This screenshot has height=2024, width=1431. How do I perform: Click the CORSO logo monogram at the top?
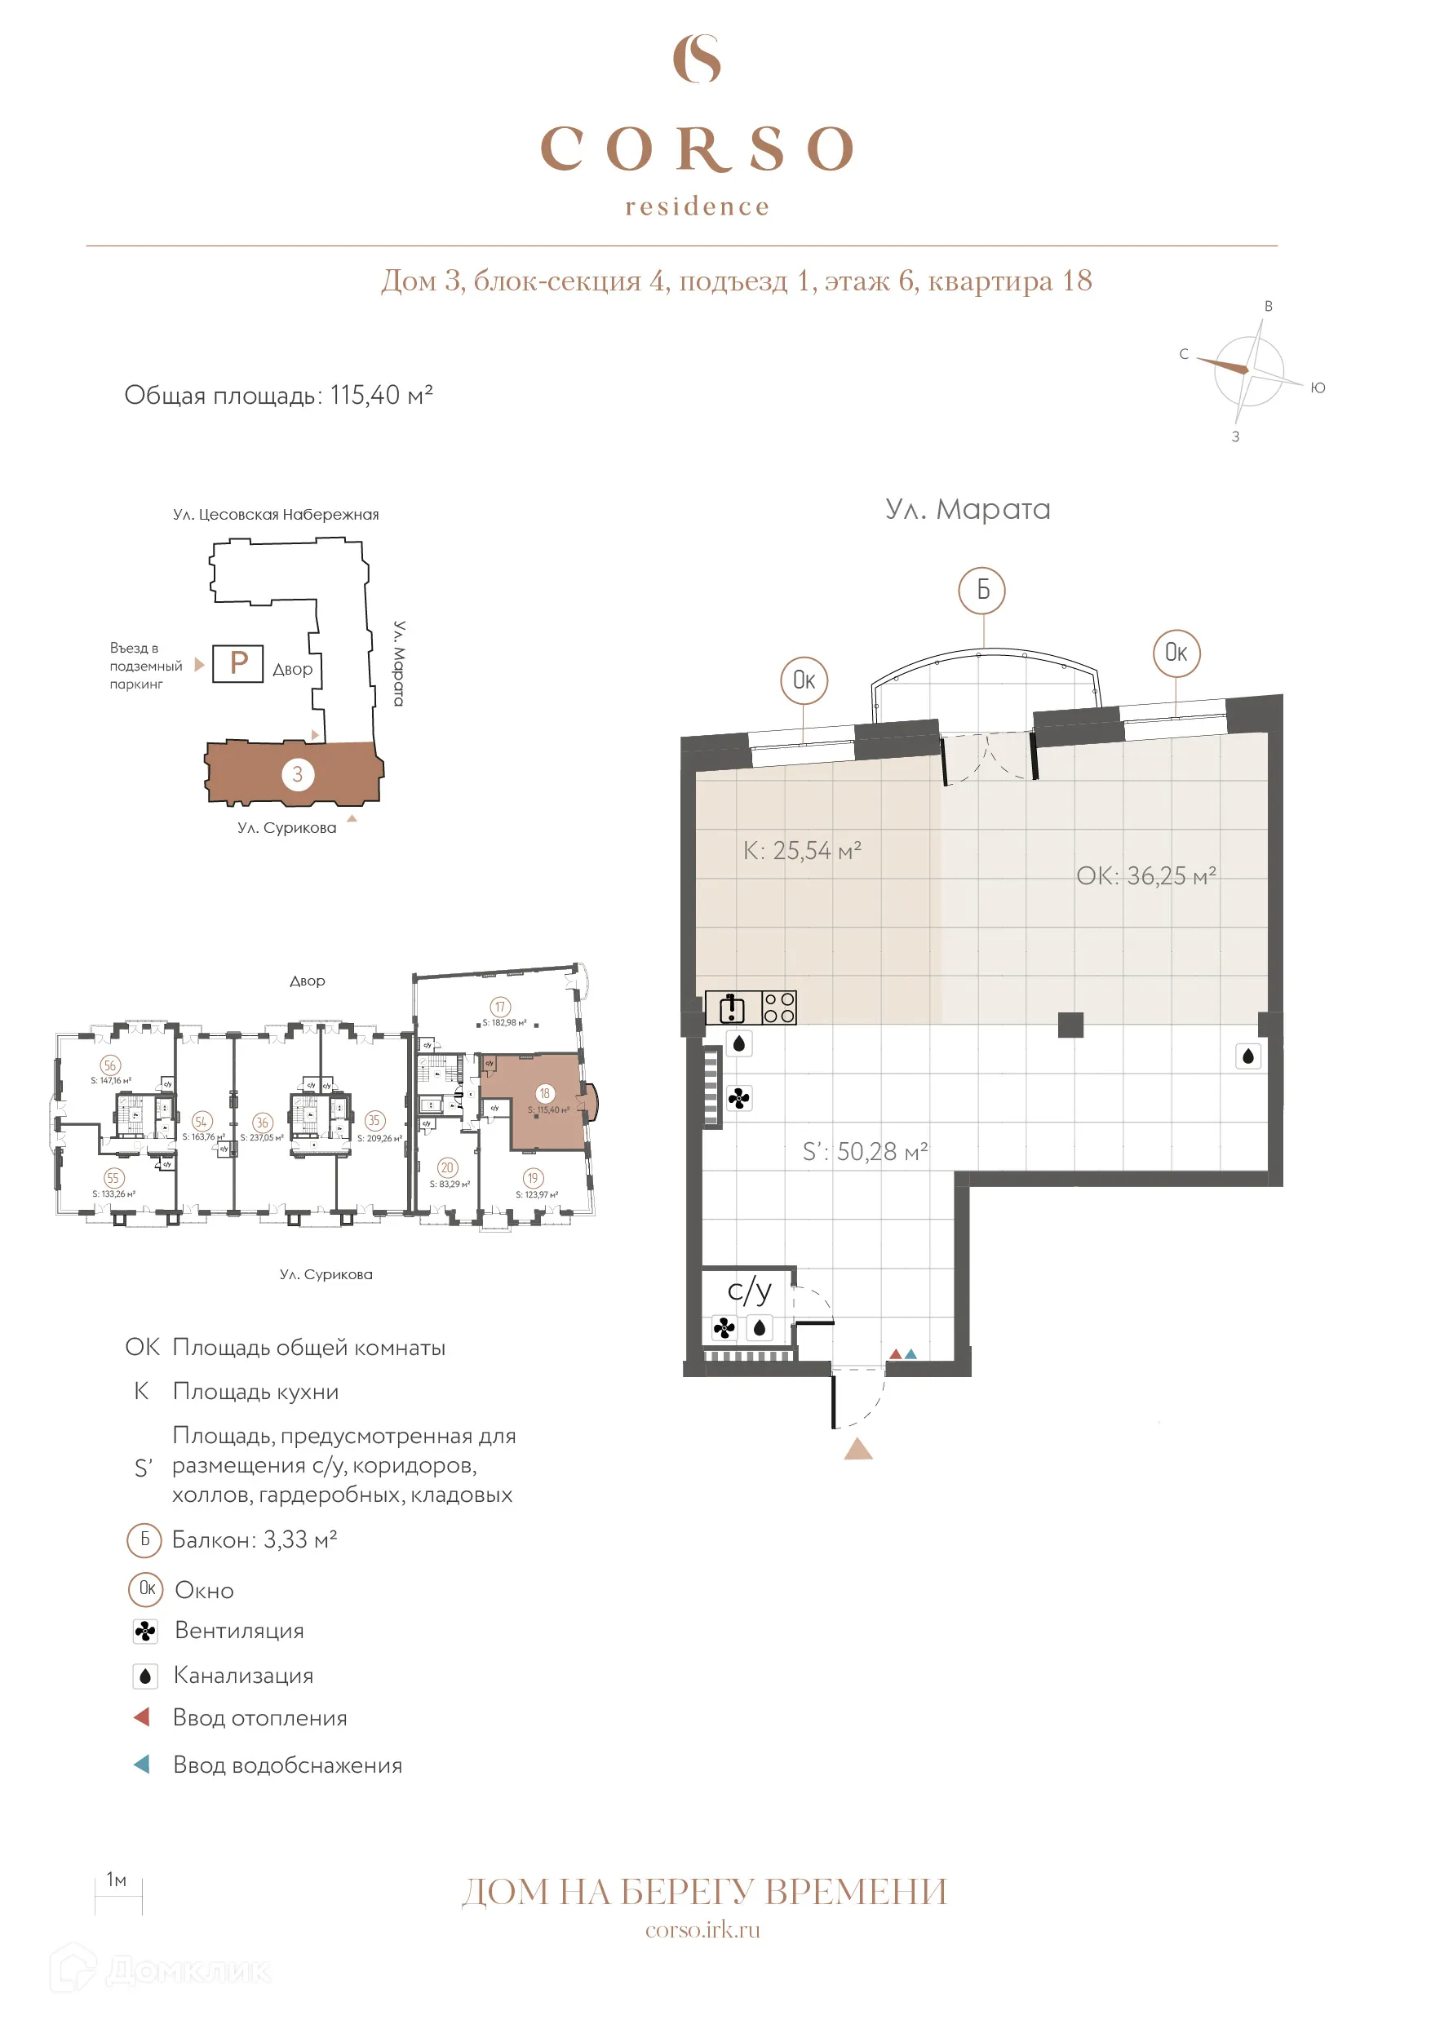697,59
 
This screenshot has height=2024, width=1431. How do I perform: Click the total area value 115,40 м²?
381,395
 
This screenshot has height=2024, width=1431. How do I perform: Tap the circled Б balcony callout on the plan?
982,589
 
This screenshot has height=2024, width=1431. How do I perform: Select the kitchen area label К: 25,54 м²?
801,851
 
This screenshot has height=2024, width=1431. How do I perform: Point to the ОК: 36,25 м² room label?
1145,876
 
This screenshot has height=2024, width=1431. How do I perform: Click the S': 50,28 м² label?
864,1151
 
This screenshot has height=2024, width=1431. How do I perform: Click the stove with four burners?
778,1008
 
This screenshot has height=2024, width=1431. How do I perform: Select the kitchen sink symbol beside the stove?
732,1008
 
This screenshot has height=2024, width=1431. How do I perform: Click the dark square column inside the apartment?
1070,1025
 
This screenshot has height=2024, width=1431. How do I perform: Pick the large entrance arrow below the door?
858,1449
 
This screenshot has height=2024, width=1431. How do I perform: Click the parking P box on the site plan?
238,663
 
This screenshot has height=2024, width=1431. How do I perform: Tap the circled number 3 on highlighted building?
298,774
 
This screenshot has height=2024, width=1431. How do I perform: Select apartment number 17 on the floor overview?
500,1007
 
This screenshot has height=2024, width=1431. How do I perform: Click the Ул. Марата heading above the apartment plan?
968,510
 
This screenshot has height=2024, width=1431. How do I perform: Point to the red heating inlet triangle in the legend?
142,1717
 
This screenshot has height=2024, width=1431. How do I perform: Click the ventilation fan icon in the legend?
145,1631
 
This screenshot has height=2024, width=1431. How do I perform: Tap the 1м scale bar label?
117,1880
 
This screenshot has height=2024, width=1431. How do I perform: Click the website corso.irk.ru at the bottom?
702,1929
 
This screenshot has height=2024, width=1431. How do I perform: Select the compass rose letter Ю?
1318,388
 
